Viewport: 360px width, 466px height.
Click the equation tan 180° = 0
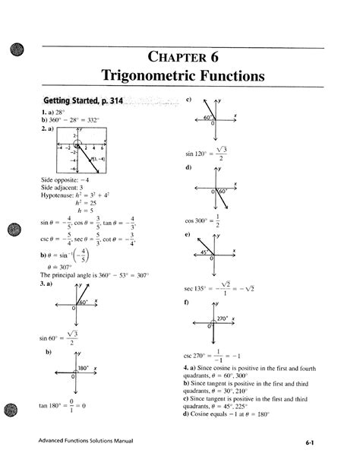[64, 407]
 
